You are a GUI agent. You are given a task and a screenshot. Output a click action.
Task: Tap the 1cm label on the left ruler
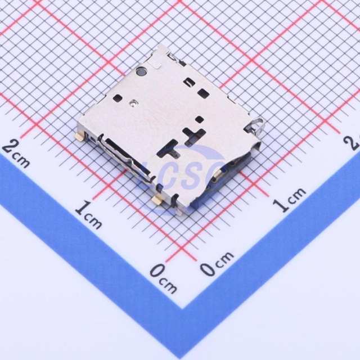tap(88, 216)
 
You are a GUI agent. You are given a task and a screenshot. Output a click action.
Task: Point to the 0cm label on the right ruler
tap(216, 264)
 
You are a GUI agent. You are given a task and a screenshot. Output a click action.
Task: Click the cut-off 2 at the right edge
tap(355, 141)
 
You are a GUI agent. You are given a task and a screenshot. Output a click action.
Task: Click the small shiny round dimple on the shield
tap(133, 103)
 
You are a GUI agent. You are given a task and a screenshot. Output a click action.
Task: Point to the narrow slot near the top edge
tap(190, 82)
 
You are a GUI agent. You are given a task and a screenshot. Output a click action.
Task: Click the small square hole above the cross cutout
tap(199, 119)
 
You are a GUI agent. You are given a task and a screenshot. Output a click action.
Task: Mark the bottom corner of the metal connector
tap(179, 211)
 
